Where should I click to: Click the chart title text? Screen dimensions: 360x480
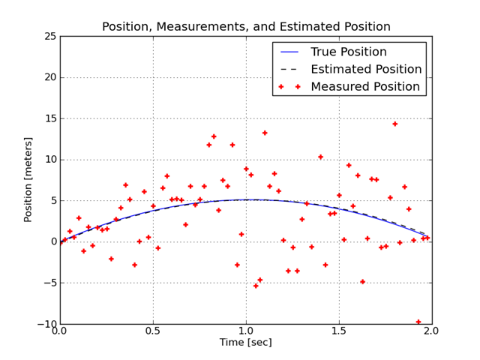pos(246,27)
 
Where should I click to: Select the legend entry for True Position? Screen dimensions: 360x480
pos(349,52)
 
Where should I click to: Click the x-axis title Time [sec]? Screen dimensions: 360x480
pos(246,343)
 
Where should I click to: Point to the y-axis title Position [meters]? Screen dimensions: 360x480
pos(28,179)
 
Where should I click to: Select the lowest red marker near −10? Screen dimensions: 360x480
pos(418,322)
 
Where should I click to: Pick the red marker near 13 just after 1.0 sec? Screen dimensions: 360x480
pos(265,133)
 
